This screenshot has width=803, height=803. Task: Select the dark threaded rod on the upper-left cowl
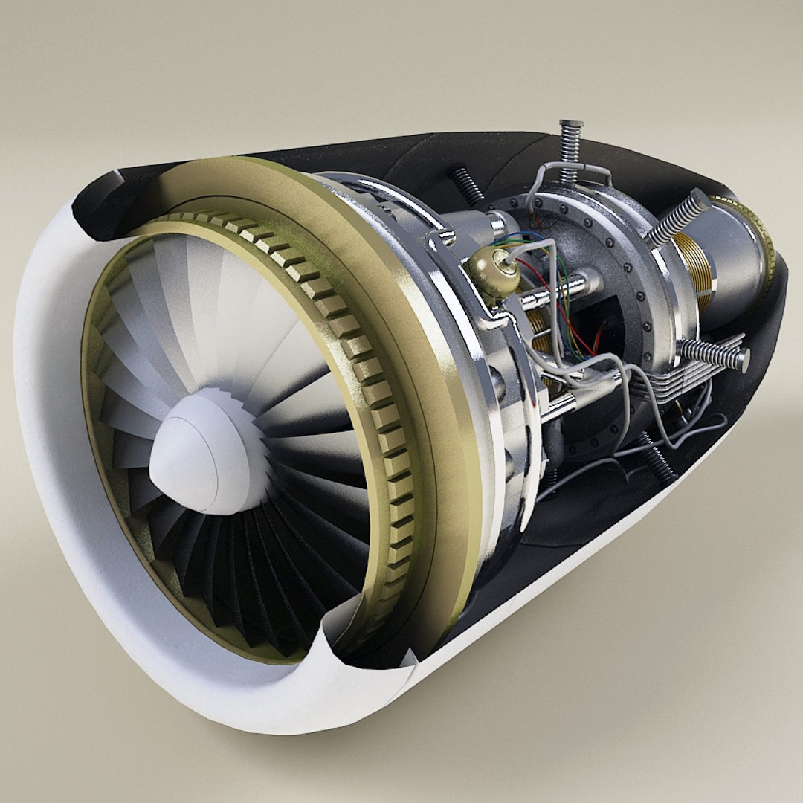coord(465,182)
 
